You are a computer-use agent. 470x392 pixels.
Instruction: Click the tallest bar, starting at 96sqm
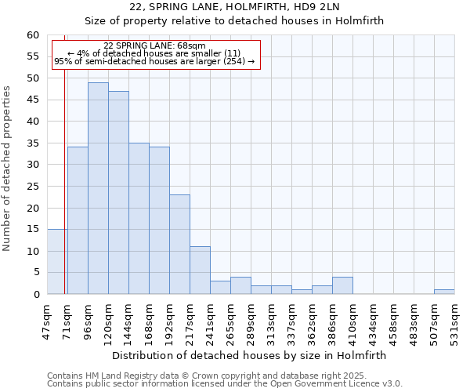[x=98, y=188]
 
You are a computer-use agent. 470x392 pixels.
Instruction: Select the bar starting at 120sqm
[x=118, y=192]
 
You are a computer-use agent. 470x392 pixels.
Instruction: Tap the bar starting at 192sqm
[x=179, y=244]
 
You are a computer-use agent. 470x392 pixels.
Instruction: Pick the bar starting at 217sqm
[x=200, y=270]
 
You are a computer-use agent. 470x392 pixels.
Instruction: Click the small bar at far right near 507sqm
[x=444, y=292]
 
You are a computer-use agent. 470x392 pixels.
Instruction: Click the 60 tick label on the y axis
[x=33, y=35]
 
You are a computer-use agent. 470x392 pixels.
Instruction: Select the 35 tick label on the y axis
[x=33, y=143]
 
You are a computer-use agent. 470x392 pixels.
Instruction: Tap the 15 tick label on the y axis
[x=33, y=230]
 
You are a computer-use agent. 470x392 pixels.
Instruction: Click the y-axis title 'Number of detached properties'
[x=7, y=169]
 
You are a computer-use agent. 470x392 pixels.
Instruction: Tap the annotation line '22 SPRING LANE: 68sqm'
[x=154, y=46]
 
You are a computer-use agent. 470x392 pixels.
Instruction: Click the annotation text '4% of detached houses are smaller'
[x=154, y=53]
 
